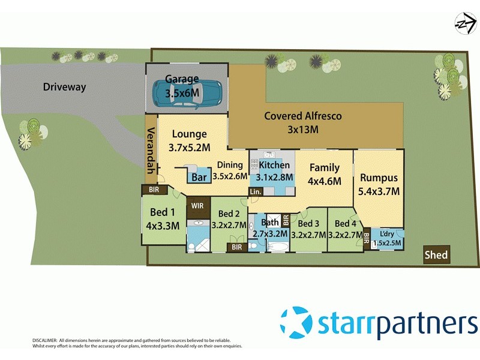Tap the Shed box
point(436,255)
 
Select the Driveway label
point(64,87)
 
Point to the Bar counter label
point(199,178)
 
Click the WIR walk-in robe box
point(197,206)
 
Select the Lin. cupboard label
point(256,191)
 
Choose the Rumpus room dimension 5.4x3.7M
point(380,191)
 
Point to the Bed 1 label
point(163,212)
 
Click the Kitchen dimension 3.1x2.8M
point(274,177)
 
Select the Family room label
point(325,168)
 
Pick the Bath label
point(269,223)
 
